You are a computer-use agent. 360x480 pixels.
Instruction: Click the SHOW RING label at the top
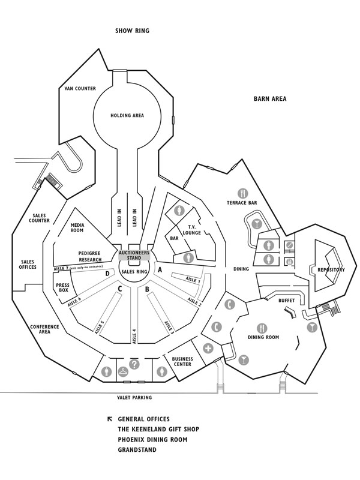132,31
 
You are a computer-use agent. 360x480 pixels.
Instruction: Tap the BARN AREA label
270,98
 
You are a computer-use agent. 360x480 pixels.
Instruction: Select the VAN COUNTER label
80,89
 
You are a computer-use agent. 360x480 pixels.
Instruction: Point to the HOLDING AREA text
127,115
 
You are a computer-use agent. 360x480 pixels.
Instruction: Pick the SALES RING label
134,272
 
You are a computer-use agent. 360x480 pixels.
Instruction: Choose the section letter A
160,270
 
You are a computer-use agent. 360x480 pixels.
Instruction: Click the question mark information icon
134,364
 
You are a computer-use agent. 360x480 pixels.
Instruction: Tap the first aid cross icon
209,349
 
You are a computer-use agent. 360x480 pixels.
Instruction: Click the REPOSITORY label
331,270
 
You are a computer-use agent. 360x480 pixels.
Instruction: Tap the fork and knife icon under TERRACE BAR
242,193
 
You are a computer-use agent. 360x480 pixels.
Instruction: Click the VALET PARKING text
134,398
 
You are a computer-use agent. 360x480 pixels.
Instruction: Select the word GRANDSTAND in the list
137,449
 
